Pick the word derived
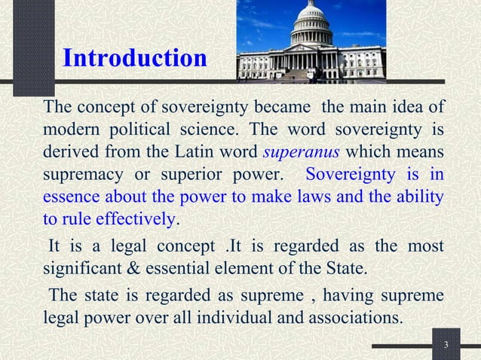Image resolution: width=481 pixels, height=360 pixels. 70,154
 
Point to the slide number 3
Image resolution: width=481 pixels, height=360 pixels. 446,346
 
